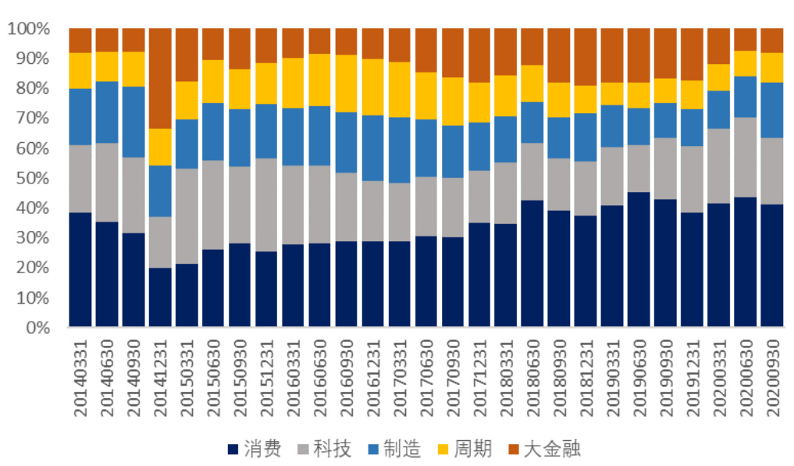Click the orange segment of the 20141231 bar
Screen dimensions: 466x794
pos(160,78)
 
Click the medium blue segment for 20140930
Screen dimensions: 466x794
pos(134,122)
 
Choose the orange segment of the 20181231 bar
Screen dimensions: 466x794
pos(586,57)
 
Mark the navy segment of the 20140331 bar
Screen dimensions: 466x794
pos(80,269)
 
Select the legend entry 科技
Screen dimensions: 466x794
pos(325,449)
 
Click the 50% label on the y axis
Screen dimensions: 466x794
pos(31,179)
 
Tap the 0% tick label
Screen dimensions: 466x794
pos(35,328)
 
